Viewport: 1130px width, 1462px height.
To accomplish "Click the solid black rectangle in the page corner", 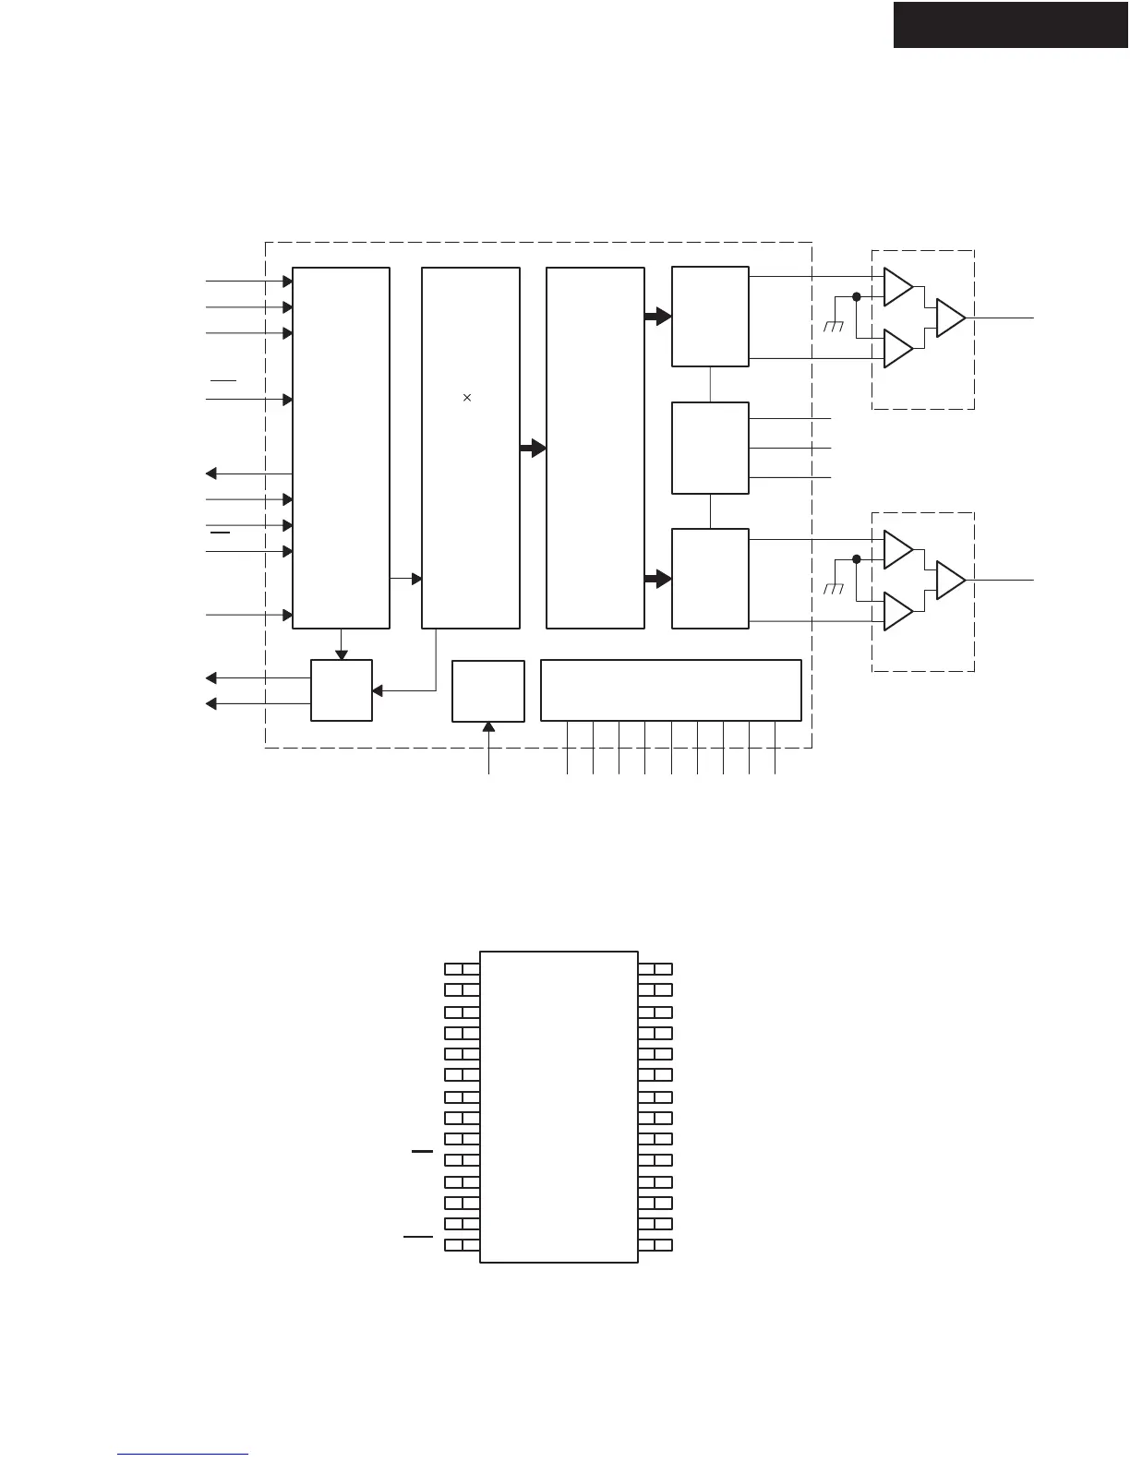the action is [1011, 25].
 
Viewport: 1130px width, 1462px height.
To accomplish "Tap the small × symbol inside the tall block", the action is [467, 398].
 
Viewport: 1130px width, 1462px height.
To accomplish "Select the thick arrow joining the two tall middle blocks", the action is [533, 449].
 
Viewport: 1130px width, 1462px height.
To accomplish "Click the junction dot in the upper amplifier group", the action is [857, 296].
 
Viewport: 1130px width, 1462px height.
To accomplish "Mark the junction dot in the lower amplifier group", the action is [857, 559].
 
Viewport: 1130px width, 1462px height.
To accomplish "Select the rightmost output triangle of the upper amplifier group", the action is [949, 318].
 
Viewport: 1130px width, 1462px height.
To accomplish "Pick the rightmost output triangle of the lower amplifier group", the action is [949, 580].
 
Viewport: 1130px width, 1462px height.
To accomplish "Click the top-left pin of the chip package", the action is [462, 969].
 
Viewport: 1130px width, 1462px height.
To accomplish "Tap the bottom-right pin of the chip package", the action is [655, 1246].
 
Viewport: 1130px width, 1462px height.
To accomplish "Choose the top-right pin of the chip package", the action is [655, 969].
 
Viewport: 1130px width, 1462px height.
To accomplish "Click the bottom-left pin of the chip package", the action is [462, 1246].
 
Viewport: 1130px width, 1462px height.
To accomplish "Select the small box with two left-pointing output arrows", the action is [342, 690].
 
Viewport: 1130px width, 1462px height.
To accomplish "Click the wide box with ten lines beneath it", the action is [670, 689].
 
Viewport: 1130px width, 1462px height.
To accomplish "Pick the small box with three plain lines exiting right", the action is [710, 448].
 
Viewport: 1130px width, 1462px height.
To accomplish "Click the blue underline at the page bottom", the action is [183, 1455].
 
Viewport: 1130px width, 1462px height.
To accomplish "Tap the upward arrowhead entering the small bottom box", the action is [488, 727].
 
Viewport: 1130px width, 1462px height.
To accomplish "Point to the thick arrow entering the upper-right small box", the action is [657, 317].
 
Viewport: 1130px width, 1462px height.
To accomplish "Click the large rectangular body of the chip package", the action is [559, 1107].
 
